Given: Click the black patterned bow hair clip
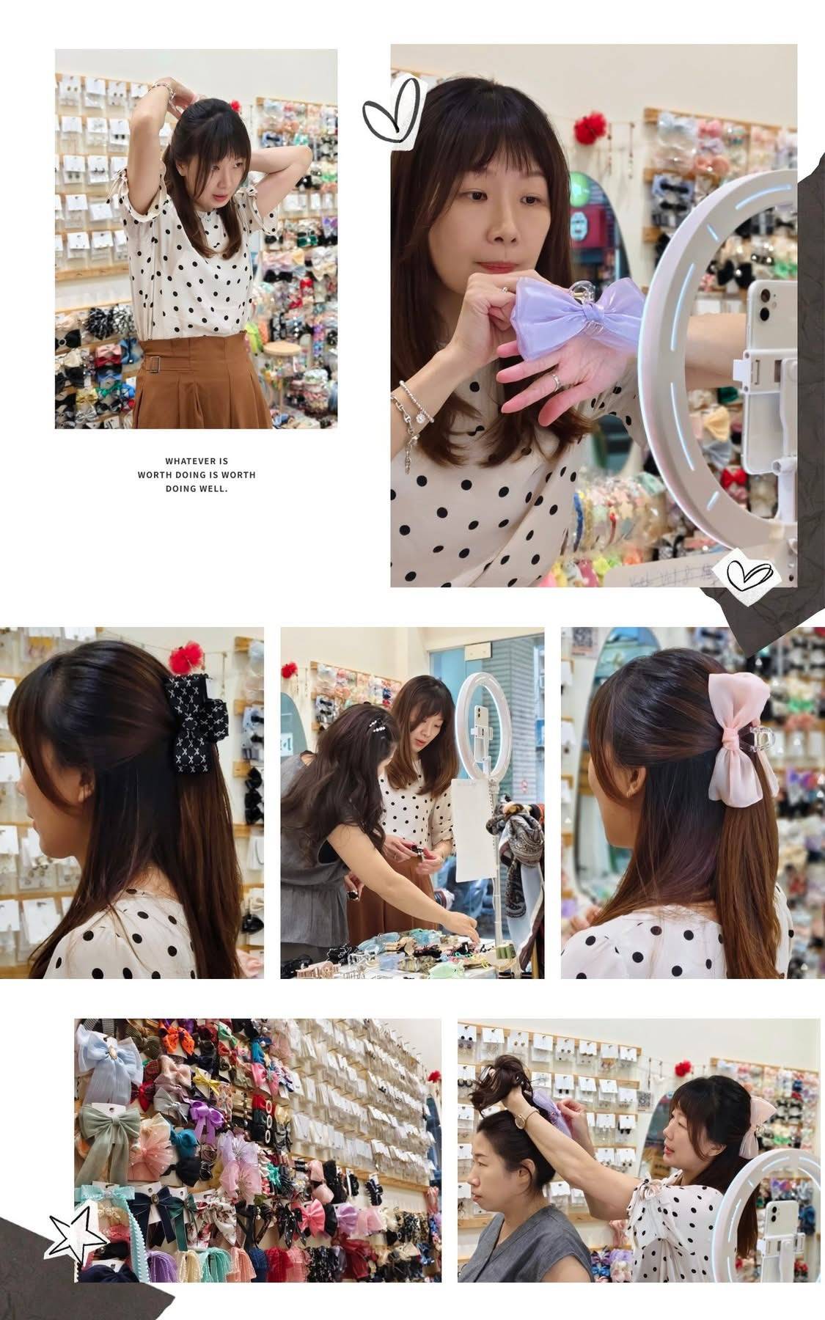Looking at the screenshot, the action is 189,722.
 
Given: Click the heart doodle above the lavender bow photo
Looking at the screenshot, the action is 395,111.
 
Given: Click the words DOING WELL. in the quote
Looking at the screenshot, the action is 197,488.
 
